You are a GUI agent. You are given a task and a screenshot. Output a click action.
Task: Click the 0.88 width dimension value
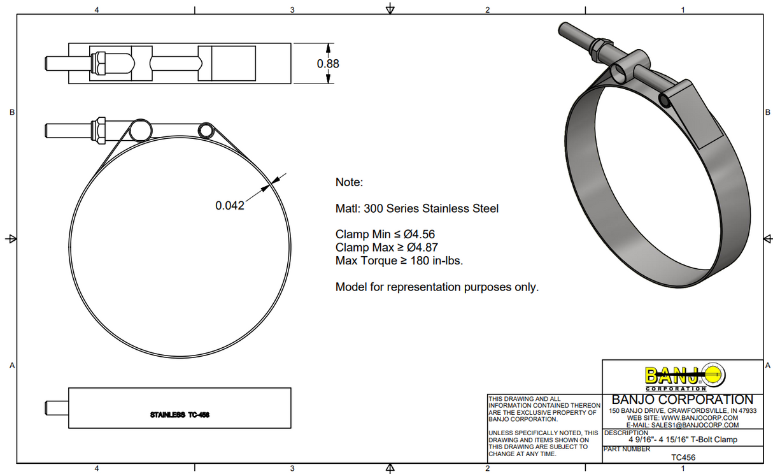328,64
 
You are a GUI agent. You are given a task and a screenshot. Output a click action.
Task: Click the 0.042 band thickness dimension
230,206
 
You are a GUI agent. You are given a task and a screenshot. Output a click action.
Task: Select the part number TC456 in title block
683,457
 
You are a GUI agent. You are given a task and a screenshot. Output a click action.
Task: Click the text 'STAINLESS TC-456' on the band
180,415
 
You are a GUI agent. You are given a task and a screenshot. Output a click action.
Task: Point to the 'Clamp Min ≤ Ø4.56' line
385,234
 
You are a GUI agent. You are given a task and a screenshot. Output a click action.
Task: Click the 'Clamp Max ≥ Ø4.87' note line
386,247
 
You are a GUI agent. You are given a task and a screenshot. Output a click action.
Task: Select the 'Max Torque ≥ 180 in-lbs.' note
399,261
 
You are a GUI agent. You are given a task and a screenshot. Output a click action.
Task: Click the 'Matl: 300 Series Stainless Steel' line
417,208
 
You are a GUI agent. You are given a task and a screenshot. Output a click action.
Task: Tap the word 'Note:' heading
349,182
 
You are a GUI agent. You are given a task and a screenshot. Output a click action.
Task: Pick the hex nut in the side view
99,130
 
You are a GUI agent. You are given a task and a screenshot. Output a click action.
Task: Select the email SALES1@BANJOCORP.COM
683,425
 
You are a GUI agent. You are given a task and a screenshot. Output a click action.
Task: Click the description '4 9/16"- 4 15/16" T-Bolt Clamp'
683,440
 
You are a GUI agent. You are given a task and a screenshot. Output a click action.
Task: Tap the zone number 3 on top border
292,10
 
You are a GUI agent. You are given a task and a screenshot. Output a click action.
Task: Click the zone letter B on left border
11,112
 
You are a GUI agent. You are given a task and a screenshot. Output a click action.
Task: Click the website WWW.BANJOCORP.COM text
683,418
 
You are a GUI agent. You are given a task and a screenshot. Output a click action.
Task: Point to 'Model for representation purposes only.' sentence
437,287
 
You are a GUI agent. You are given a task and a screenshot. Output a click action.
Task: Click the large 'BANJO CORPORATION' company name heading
683,399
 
